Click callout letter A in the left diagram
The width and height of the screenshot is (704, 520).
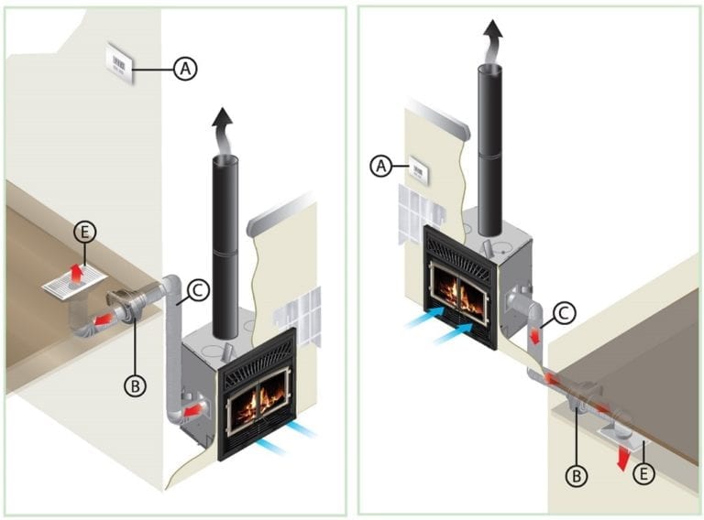[185, 67]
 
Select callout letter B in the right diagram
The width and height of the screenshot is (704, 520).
[577, 475]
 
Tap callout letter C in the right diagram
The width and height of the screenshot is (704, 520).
[565, 313]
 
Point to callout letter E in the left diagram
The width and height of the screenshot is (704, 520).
[85, 234]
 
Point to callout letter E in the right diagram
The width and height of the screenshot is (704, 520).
[644, 475]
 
